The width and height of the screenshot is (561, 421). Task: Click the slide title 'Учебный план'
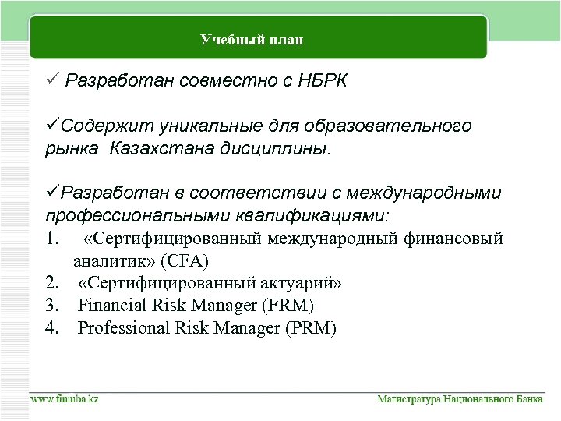click(x=252, y=40)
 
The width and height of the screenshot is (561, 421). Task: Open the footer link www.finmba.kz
click(x=65, y=399)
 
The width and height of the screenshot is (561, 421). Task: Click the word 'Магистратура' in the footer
click(x=410, y=399)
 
